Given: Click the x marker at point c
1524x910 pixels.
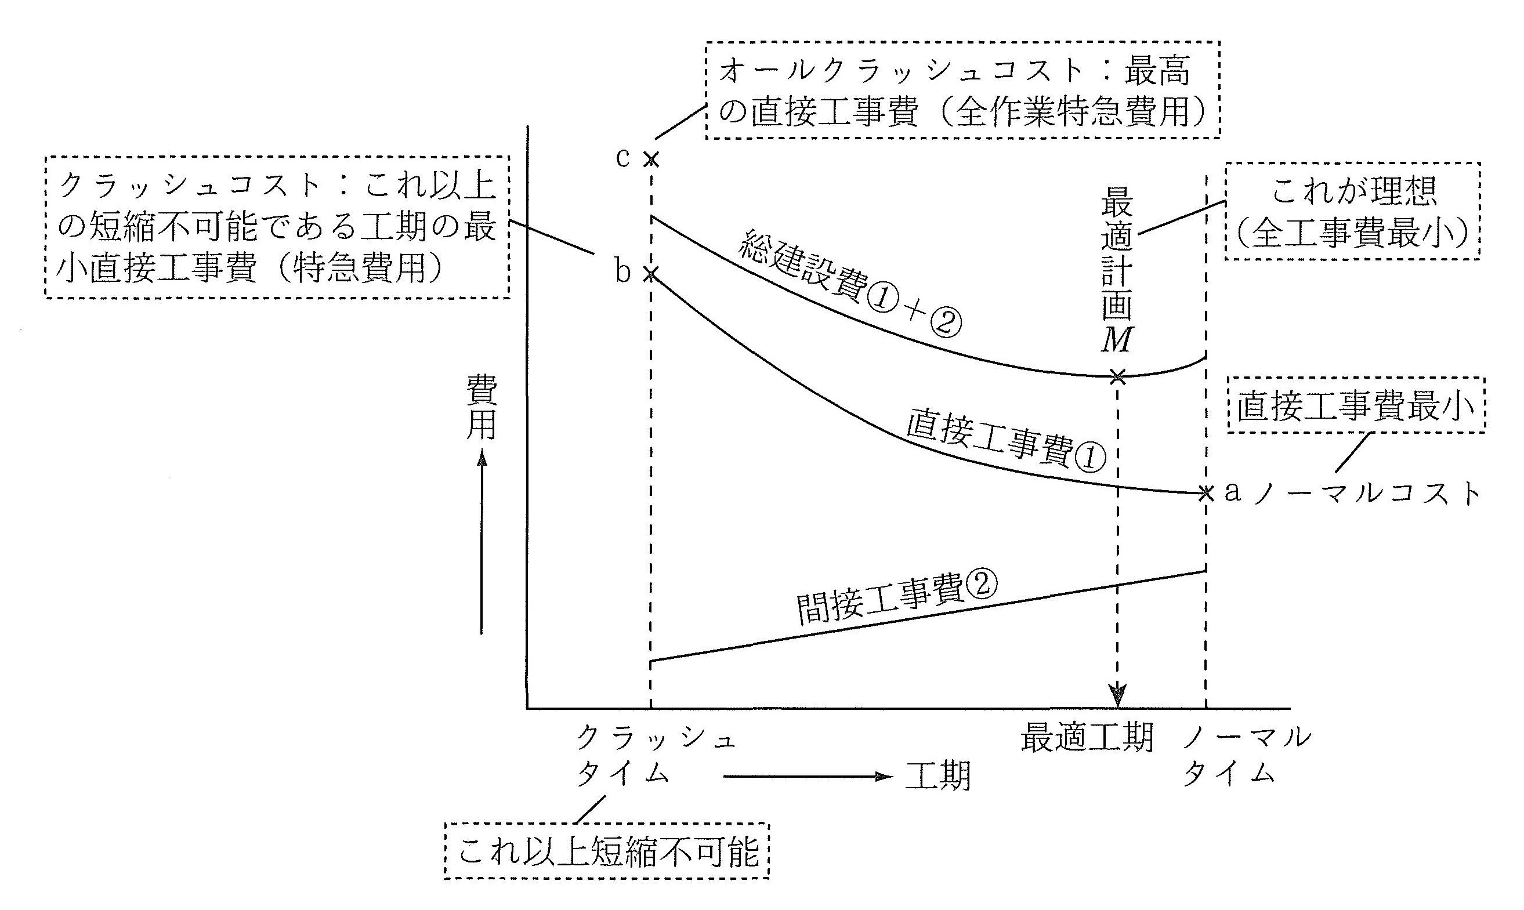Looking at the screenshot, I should tap(651, 159).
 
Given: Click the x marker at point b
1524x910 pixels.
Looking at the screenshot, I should tap(650, 274).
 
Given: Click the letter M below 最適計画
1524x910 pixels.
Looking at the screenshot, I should tap(1116, 340).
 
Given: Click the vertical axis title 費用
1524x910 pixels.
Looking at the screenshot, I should tap(482, 408).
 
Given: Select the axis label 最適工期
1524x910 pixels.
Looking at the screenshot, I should tap(1087, 738).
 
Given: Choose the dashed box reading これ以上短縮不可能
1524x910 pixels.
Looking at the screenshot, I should tap(607, 853).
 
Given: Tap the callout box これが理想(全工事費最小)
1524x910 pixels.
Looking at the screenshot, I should tap(1352, 212).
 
